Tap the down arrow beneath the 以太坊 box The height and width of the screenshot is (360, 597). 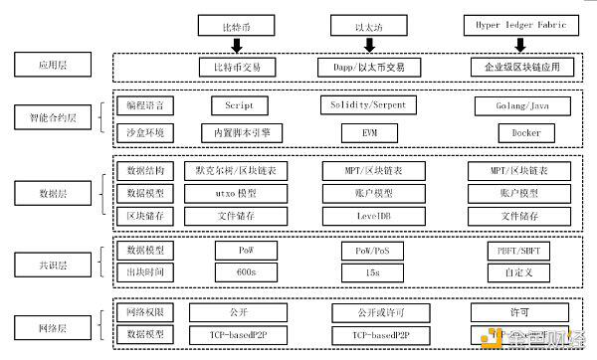(370, 45)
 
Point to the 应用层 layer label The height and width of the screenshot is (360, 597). (51, 68)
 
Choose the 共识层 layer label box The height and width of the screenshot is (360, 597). (51, 262)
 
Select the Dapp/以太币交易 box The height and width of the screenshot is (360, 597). (369, 68)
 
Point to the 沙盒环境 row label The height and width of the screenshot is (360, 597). (144, 131)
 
